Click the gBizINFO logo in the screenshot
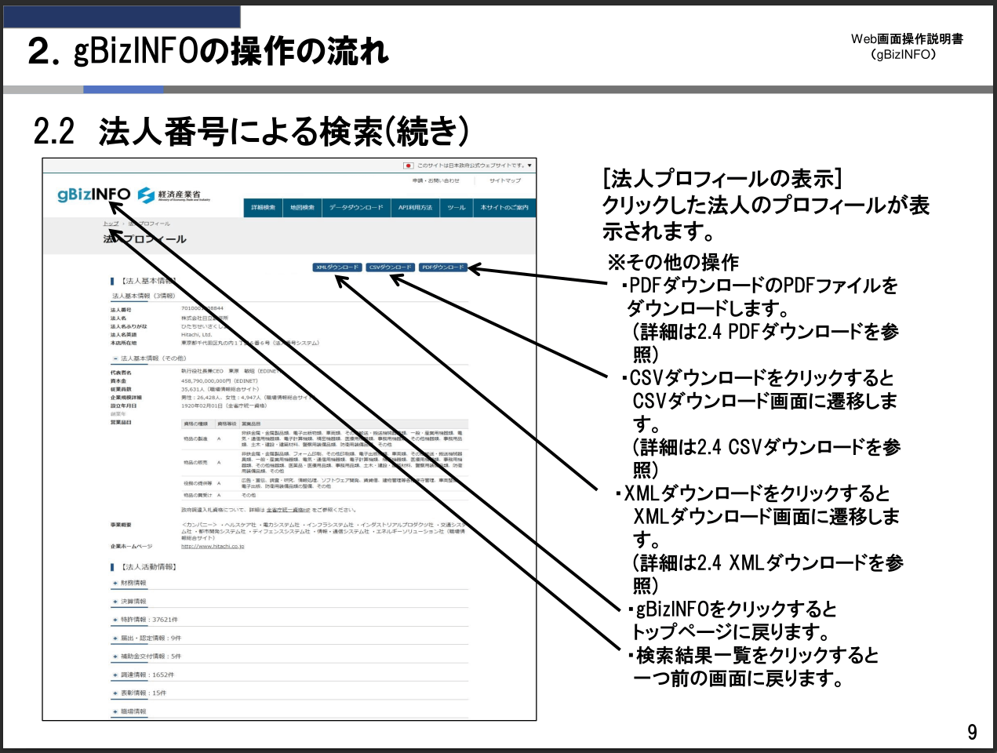pos(93,195)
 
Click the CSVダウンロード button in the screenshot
pos(390,267)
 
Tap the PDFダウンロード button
pos(442,267)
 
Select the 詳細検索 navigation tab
pos(263,207)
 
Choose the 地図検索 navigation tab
pos(302,207)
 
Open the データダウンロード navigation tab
pos(356,207)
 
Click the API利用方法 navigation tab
pos(415,207)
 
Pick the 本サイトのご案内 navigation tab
pos(504,207)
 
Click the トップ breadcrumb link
pos(111,224)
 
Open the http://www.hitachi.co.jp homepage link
pos(213,546)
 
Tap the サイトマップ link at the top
pos(505,180)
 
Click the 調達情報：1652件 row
pos(147,675)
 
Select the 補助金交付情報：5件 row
pos(151,657)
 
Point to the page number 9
pos(972,732)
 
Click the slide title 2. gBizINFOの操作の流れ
pos(208,52)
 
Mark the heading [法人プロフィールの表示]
pos(722,179)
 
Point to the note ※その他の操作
pos(673,262)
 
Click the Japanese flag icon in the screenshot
pos(408,166)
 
